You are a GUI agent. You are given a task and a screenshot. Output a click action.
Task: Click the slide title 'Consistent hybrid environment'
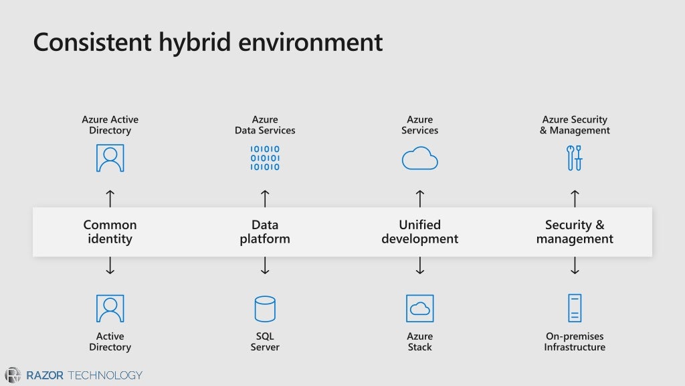[208, 42]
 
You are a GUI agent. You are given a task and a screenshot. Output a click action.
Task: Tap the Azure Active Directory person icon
[110, 158]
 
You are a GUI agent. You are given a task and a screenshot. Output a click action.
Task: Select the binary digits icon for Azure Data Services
[265, 158]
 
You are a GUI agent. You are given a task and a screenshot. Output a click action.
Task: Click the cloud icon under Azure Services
[419, 159]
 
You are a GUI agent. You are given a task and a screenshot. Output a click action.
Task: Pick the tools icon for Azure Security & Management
[574, 158]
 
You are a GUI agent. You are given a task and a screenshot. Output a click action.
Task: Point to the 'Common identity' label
[110, 232]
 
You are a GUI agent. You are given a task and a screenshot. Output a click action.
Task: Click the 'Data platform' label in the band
[265, 232]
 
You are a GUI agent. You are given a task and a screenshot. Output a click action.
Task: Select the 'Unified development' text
[419, 232]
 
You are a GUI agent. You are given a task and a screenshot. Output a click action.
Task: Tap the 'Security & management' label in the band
[575, 232]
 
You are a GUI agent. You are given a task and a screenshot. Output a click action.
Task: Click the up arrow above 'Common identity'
[110, 198]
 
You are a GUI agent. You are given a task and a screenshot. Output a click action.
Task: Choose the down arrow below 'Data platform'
[265, 266]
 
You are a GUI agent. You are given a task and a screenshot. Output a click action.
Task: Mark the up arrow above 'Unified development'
[419, 198]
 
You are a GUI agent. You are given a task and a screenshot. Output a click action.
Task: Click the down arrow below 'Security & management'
[575, 266]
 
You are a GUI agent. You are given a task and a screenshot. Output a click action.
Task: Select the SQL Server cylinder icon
[265, 309]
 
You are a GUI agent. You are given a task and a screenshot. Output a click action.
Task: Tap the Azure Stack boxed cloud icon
[419, 309]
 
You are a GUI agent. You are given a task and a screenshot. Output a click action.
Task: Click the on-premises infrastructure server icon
[575, 308]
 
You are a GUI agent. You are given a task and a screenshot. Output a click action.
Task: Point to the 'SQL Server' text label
[265, 342]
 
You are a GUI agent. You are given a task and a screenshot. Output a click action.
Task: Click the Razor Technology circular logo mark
[13, 375]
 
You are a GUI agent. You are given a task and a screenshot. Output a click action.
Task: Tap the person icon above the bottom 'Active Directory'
[110, 309]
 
